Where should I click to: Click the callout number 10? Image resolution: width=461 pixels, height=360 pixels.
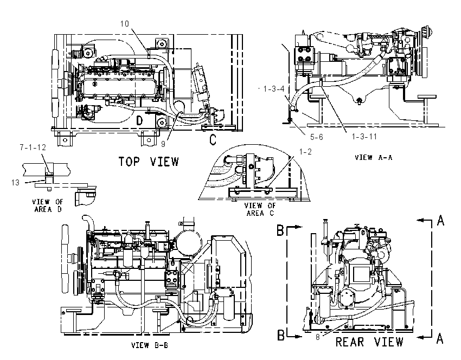pos(124,23)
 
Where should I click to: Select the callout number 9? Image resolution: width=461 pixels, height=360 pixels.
pos(163,144)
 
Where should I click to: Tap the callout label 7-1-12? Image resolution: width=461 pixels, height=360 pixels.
pos(33,147)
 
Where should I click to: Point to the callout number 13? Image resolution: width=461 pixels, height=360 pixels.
pos(15,183)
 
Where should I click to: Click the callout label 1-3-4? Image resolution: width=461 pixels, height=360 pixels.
pos(274,89)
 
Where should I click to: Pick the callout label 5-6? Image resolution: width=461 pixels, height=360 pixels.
pos(316,137)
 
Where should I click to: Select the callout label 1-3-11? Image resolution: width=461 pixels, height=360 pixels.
pos(364,137)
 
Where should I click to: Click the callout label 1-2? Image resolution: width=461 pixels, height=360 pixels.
pos(305,152)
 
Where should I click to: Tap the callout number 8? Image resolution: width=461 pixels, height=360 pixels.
pos(317,337)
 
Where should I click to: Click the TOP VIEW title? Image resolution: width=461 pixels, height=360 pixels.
pos(149,162)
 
